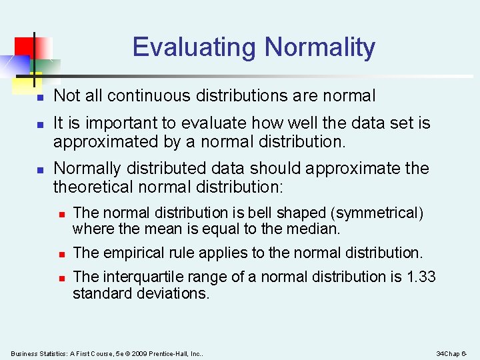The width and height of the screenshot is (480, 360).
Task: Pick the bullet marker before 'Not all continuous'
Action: [x=40, y=97]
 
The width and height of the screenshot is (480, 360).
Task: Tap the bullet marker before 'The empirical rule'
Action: [x=60, y=254]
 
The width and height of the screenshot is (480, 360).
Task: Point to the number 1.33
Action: [x=421, y=277]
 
